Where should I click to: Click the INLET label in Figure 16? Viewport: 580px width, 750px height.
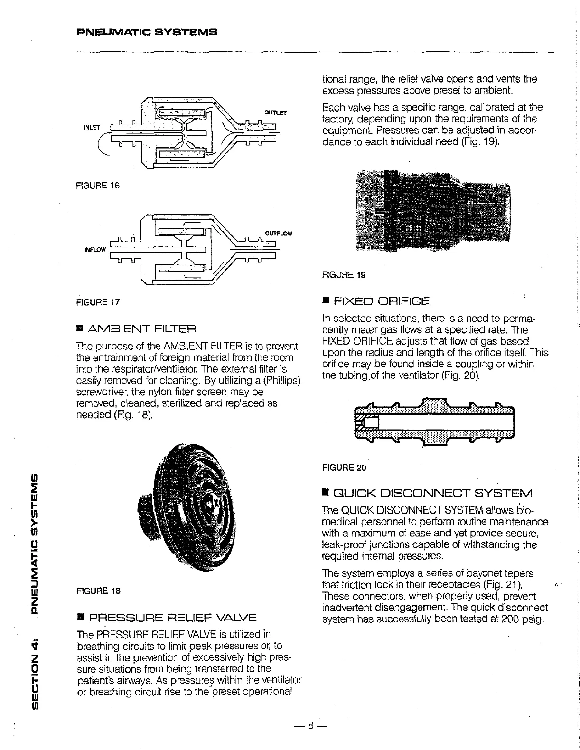click(x=92, y=127)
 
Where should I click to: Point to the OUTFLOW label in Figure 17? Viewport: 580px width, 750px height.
click(x=279, y=234)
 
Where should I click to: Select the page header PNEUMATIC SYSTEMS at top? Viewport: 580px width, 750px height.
click(x=147, y=33)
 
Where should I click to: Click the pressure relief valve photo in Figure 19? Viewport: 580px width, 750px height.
click(x=434, y=213)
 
